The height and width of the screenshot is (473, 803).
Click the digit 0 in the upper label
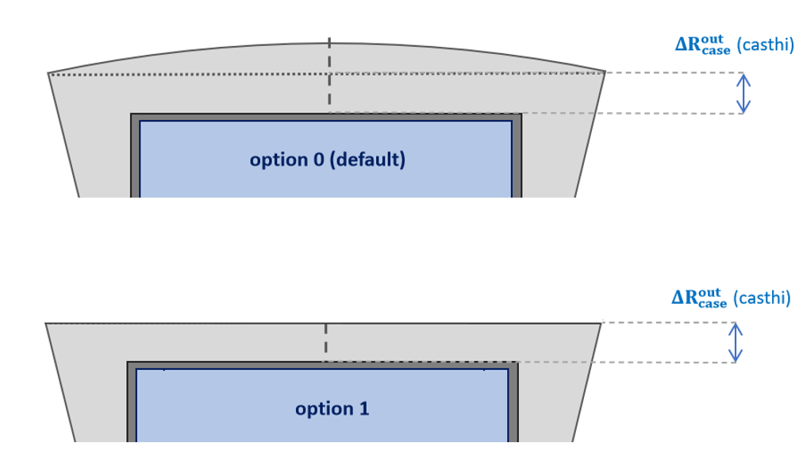pyautogui.click(x=318, y=160)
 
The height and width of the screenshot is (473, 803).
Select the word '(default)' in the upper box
pyautogui.click(x=367, y=160)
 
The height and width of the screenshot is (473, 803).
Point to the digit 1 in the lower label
pyautogui.click(x=364, y=409)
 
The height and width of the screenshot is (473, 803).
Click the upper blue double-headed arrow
pyautogui.click(x=743, y=94)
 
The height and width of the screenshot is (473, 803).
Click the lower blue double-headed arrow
pyautogui.click(x=736, y=342)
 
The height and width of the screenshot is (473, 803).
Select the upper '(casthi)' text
pyautogui.click(x=766, y=45)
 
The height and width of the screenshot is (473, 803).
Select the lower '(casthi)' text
pyautogui.click(x=762, y=298)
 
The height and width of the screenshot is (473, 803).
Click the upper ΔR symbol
pyautogui.click(x=688, y=44)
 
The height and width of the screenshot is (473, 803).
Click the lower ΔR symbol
pyautogui.click(x=685, y=298)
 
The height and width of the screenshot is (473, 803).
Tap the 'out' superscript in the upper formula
pyautogui.click(x=713, y=40)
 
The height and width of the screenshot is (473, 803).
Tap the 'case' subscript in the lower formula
pyautogui.click(x=713, y=304)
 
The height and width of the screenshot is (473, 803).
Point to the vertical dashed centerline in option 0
pyautogui.click(x=329, y=75)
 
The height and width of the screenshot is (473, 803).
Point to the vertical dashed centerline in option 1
pyautogui.click(x=325, y=338)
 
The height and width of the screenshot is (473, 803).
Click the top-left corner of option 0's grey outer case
pyautogui.click(x=48, y=74)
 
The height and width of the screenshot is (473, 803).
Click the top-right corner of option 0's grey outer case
pyautogui.click(x=605, y=71)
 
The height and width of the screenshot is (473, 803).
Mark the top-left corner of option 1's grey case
pyautogui.click(x=45, y=323)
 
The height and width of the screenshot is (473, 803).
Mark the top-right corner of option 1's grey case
pyautogui.click(x=601, y=323)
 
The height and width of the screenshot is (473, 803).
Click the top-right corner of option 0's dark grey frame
pyautogui.click(x=521, y=113)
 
